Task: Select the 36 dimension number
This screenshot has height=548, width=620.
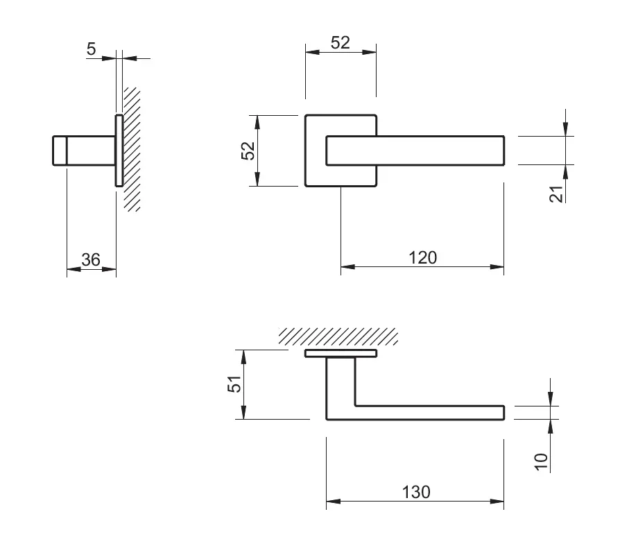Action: pyautogui.click(x=91, y=259)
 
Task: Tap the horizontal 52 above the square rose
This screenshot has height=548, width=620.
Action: pyautogui.click(x=340, y=42)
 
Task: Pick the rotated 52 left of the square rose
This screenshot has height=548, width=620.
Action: pyautogui.click(x=248, y=151)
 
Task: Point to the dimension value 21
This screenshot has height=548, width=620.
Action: pyautogui.click(x=556, y=194)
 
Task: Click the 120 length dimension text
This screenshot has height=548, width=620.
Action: pyautogui.click(x=422, y=257)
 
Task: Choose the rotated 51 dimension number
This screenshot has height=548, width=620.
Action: pyautogui.click(x=236, y=384)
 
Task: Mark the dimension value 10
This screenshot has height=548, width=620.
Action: pyautogui.click(x=542, y=461)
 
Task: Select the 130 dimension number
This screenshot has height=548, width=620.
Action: pyautogui.click(x=416, y=492)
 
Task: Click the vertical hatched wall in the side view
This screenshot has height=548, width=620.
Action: pyautogui.click(x=132, y=149)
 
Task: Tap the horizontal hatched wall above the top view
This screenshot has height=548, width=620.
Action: pyautogui.click(x=338, y=336)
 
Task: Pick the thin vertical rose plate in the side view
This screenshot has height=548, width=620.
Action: pyautogui.click(x=119, y=151)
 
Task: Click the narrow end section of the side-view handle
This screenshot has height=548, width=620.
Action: pyautogui.click(x=60, y=151)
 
